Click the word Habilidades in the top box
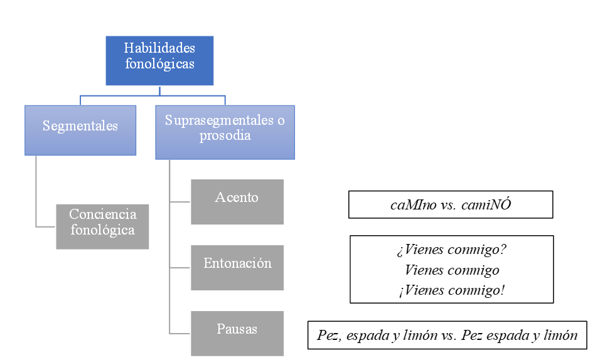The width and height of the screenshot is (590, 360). click(x=159, y=48)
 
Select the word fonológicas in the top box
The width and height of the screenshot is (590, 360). click(x=159, y=63)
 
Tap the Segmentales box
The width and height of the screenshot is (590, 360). click(x=80, y=130)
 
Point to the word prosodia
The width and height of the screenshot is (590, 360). click(x=225, y=135)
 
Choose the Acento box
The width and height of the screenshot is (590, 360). click(x=237, y=201)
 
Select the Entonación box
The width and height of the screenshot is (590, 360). click(x=237, y=267)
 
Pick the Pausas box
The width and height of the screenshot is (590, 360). click(x=237, y=333)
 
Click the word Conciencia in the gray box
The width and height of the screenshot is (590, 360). click(x=102, y=214)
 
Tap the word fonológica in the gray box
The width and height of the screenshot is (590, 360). click(x=102, y=230)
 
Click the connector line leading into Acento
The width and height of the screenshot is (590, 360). click(x=180, y=202)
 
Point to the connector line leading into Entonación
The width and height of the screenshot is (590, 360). click(x=180, y=268)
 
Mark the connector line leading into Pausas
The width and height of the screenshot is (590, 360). click(x=180, y=334)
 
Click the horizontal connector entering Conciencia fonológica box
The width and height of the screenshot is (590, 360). click(x=45, y=226)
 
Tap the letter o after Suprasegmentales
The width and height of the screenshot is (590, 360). click(x=280, y=120)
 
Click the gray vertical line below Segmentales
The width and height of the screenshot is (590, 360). click(x=36, y=188)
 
